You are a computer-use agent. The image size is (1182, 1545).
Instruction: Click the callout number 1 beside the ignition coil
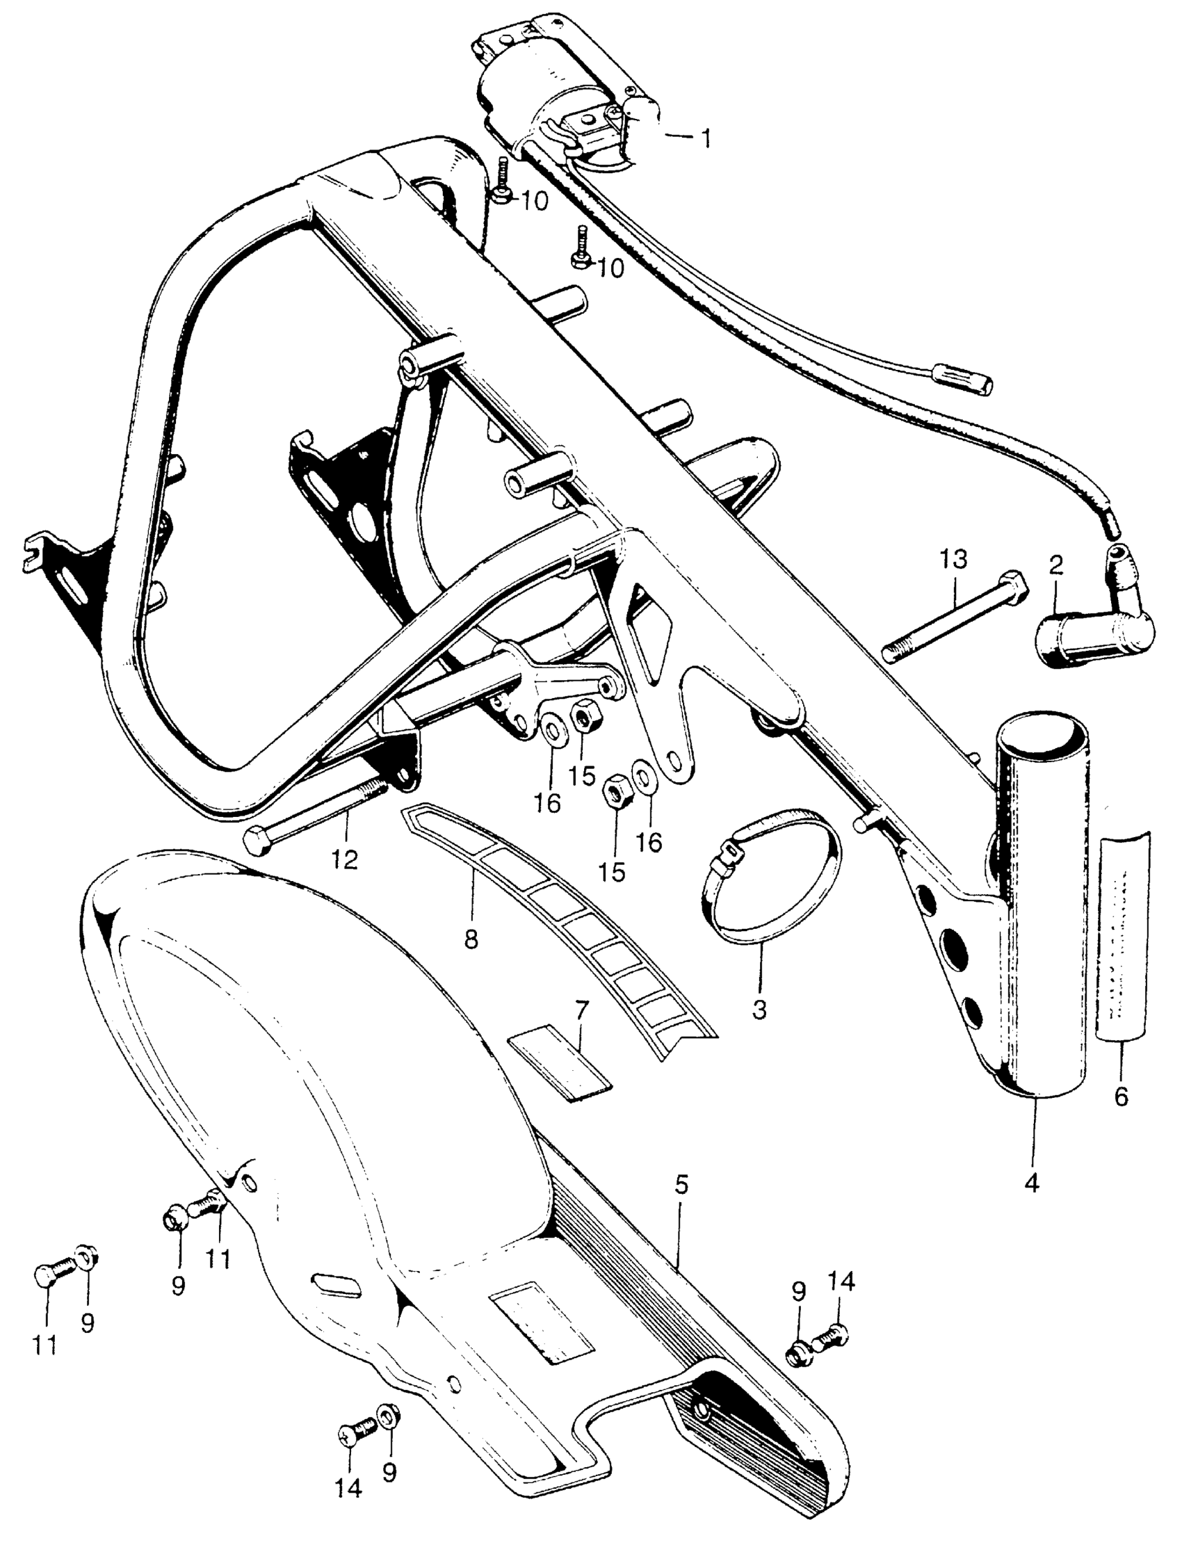click(x=704, y=138)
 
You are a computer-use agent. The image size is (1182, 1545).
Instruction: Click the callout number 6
click(x=1121, y=1095)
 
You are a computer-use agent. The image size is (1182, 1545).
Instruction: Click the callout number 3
click(x=759, y=1010)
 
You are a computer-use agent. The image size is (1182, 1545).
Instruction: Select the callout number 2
click(x=1055, y=563)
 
